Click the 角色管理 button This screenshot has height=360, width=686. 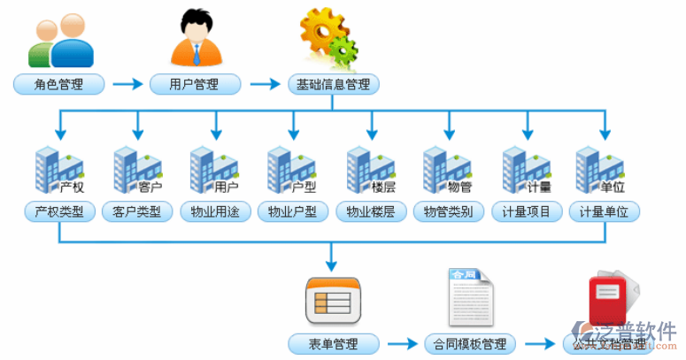pyautogui.click(x=58, y=85)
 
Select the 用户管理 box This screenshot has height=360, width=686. pyautogui.click(x=195, y=85)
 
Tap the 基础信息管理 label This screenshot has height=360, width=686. pyautogui.click(x=334, y=85)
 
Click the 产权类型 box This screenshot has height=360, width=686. pyautogui.click(x=59, y=212)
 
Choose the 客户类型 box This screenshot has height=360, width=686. pyautogui.click(x=137, y=212)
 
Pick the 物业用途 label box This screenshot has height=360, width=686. pyautogui.click(x=215, y=212)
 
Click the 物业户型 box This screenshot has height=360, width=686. pyautogui.click(x=293, y=212)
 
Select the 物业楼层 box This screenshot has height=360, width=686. pyautogui.click(x=371, y=212)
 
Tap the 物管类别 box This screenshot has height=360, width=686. pyautogui.click(x=449, y=212)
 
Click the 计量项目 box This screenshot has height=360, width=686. pyautogui.click(x=527, y=212)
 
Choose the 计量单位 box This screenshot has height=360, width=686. pyautogui.click(x=605, y=212)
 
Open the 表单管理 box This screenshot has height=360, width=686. pyautogui.click(x=333, y=343)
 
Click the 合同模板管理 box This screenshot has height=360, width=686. pyautogui.click(x=470, y=343)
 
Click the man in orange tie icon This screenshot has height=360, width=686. pyautogui.click(x=196, y=37)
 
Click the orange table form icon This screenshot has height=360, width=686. pyautogui.click(x=333, y=301)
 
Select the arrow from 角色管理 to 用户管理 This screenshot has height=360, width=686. pyautogui.click(x=127, y=85)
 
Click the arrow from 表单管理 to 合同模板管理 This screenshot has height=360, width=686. pyautogui.click(x=403, y=343)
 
